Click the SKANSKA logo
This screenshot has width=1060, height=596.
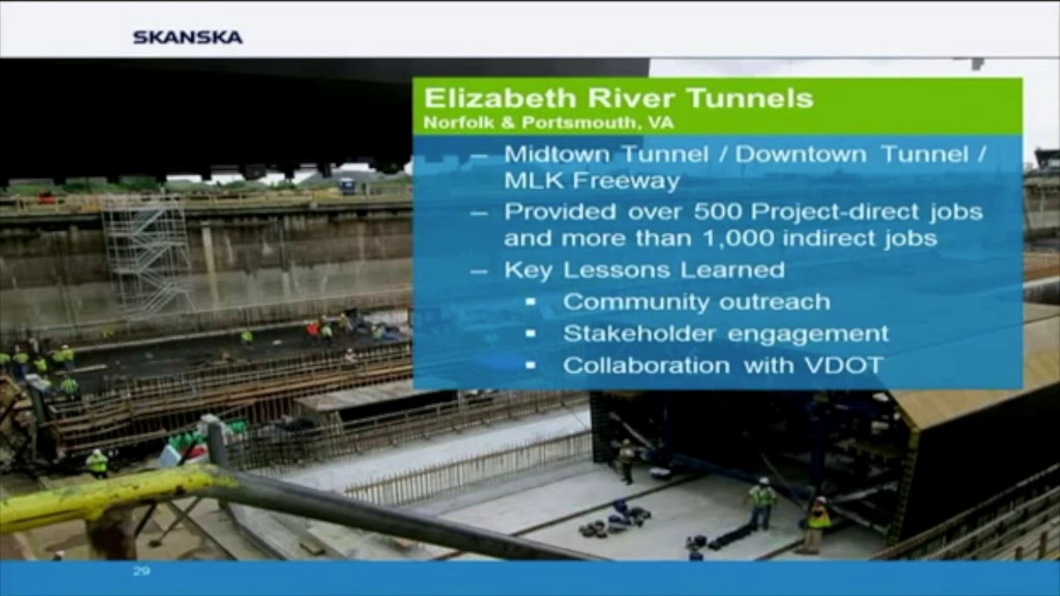tap(188, 37)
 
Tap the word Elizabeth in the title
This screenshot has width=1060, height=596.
tap(500, 98)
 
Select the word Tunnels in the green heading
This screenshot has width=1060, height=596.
tap(749, 98)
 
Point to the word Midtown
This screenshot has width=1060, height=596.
tap(557, 154)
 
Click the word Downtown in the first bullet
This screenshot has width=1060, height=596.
tap(801, 154)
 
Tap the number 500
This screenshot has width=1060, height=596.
tap(718, 211)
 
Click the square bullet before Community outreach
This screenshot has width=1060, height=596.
tap(531, 302)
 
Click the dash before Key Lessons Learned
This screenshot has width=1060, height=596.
tap(479, 271)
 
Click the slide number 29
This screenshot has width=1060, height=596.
tap(142, 571)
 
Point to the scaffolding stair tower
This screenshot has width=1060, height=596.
tap(147, 256)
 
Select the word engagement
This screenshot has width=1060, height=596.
tap(808, 334)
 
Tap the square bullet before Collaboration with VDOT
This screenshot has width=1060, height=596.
tap(531, 365)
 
